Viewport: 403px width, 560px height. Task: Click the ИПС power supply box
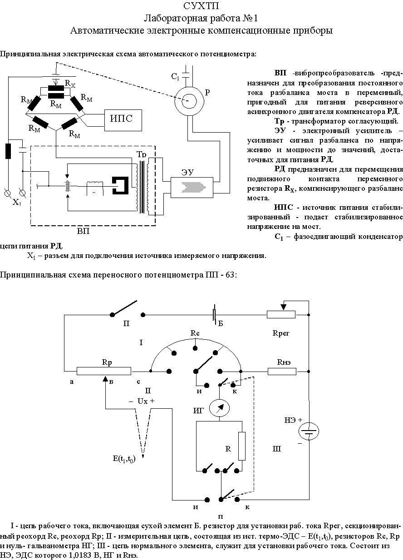pyautogui.click(x=123, y=120)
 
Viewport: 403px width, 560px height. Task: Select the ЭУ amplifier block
pyautogui.click(x=192, y=188)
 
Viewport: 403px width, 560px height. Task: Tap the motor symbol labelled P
pyautogui.click(x=189, y=101)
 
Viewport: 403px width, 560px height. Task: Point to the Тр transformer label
pyautogui.click(x=141, y=154)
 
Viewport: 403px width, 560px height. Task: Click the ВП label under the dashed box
pyautogui.click(x=83, y=231)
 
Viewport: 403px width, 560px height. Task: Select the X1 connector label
pyautogui.click(x=17, y=202)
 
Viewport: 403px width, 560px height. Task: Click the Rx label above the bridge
pyautogui.click(x=70, y=84)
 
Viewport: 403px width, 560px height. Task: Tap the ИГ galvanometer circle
pyautogui.click(x=219, y=408)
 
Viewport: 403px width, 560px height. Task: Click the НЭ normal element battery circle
pyautogui.click(x=309, y=431)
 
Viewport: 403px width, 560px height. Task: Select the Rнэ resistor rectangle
pyautogui.click(x=282, y=372)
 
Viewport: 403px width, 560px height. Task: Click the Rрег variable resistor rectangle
pyautogui.click(x=281, y=314)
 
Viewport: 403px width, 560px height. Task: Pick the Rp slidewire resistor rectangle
pyautogui.click(x=104, y=371)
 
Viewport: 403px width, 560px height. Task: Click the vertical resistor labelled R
pyautogui.click(x=241, y=446)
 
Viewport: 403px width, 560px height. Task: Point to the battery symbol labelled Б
pyautogui.click(x=215, y=314)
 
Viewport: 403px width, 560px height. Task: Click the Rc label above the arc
pyautogui.click(x=195, y=333)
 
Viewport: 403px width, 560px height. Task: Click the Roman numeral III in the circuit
pyautogui.click(x=276, y=449)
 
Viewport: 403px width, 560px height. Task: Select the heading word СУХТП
pyautogui.click(x=201, y=6)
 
